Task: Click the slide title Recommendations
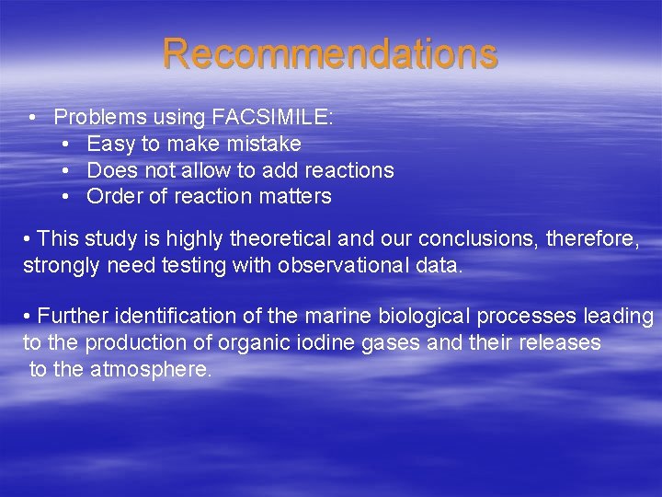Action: point(330,53)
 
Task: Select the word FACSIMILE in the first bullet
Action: point(271,118)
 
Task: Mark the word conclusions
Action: point(476,240)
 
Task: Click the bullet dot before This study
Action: point(28,240)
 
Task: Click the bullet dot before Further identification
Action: point(28,317)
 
